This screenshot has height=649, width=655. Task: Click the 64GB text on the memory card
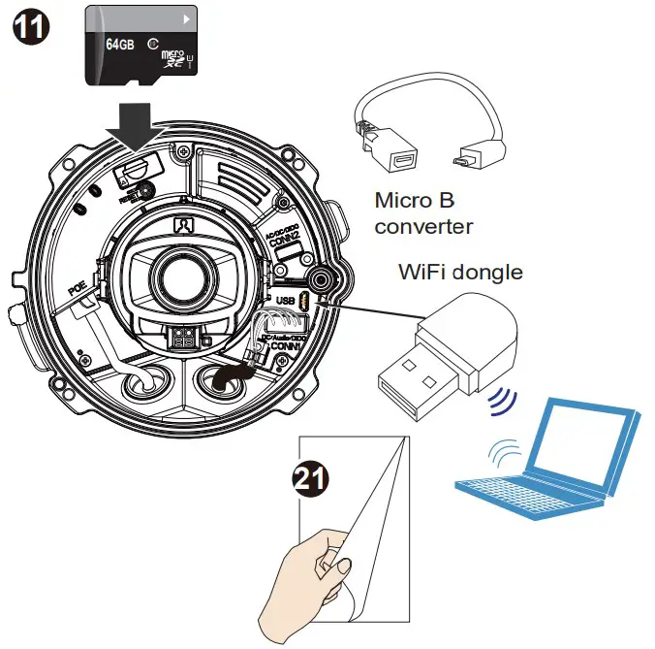118,45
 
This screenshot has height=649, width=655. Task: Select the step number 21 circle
309,478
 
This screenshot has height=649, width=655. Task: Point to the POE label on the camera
77,286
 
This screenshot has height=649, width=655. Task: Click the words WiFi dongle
460,272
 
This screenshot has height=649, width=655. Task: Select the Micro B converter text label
423,214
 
